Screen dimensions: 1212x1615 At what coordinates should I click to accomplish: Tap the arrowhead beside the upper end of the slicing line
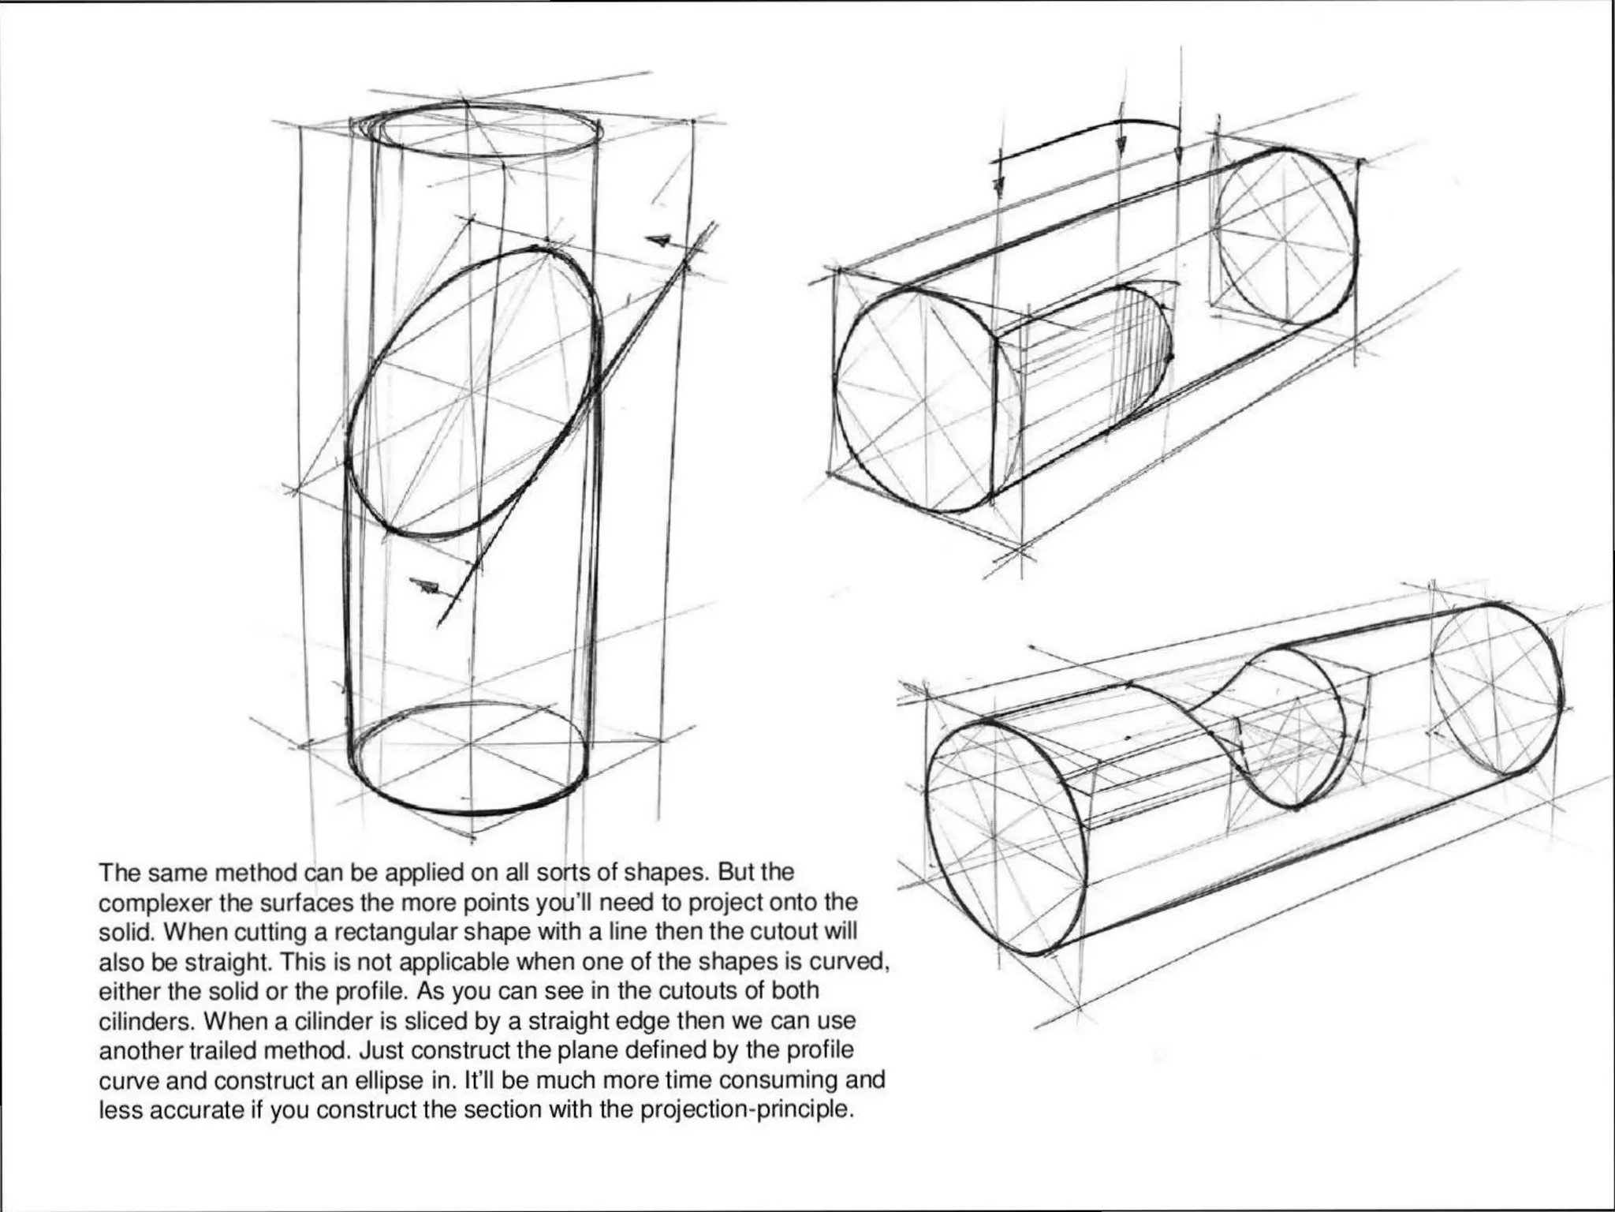coord(659,240)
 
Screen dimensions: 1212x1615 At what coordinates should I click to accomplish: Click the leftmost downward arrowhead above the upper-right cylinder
coord(998,186)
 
